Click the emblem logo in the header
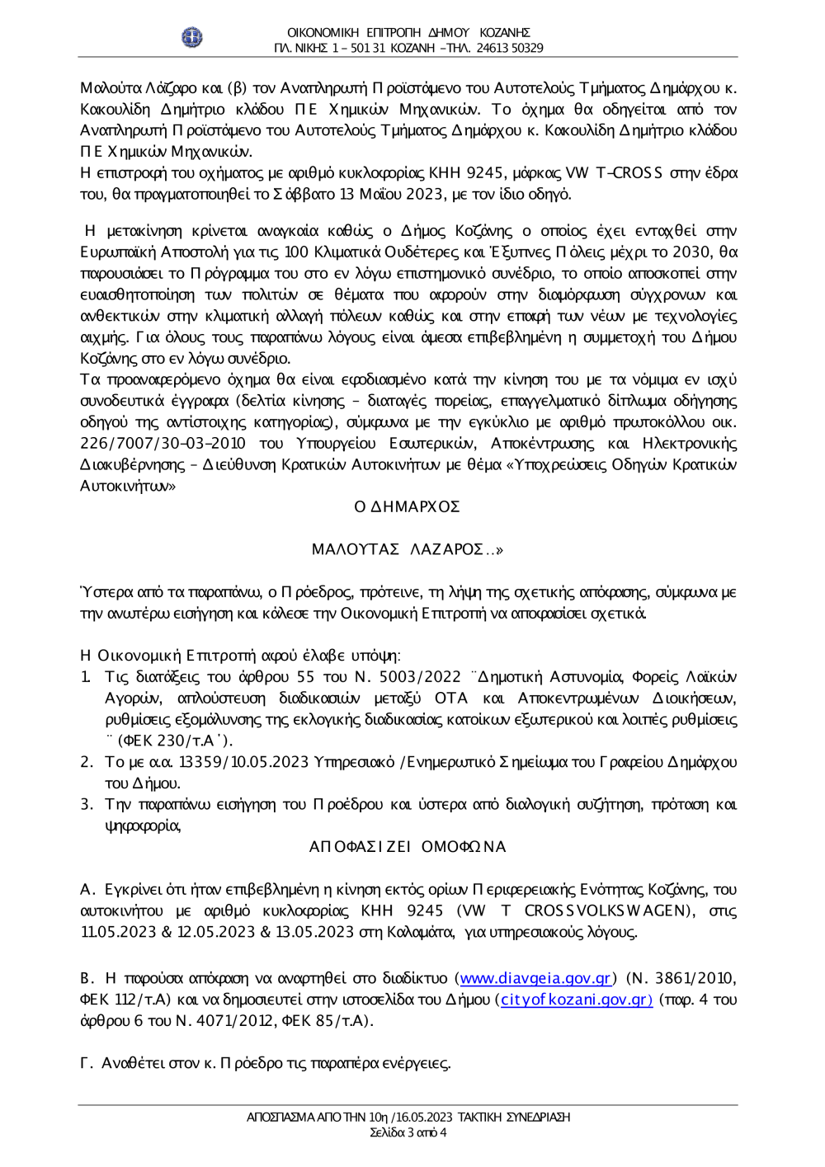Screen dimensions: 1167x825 pos(191,38)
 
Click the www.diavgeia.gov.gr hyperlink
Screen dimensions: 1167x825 pos(535,978)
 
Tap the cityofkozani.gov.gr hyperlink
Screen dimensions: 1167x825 pos(577,1000)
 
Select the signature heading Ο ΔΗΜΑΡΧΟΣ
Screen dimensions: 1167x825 pos(408,506)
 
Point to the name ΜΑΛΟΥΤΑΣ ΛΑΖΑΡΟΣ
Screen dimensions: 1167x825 pos(407,549)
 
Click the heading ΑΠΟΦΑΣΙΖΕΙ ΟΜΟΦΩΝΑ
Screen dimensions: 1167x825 pos(408,847)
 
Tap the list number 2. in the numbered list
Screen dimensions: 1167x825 pos(87,762)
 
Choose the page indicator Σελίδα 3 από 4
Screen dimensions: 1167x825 pos(408,1132)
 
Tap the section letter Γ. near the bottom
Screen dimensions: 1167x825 pos(87,1063)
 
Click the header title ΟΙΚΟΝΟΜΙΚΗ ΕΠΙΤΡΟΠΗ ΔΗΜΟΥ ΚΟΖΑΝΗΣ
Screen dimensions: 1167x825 pos(408,32)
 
